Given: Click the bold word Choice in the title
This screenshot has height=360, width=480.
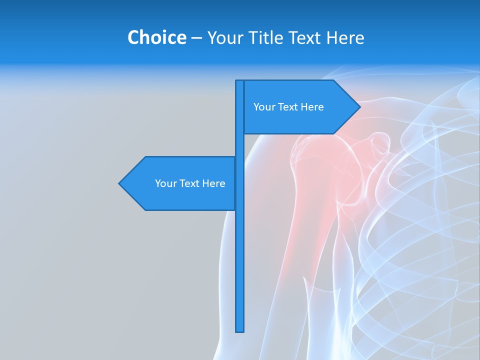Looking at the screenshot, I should [156, 37].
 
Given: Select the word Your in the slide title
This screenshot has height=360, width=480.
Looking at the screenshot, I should [224, 37].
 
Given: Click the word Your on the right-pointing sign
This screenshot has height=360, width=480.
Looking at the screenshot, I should [263, 107].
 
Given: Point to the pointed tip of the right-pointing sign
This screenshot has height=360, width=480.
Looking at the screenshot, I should [359, 107].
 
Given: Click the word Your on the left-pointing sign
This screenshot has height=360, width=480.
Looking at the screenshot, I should [165, 183].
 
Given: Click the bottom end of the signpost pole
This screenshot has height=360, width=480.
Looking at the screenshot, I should [239, 330].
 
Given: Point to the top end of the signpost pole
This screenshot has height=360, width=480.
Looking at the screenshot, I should [239, 81].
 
